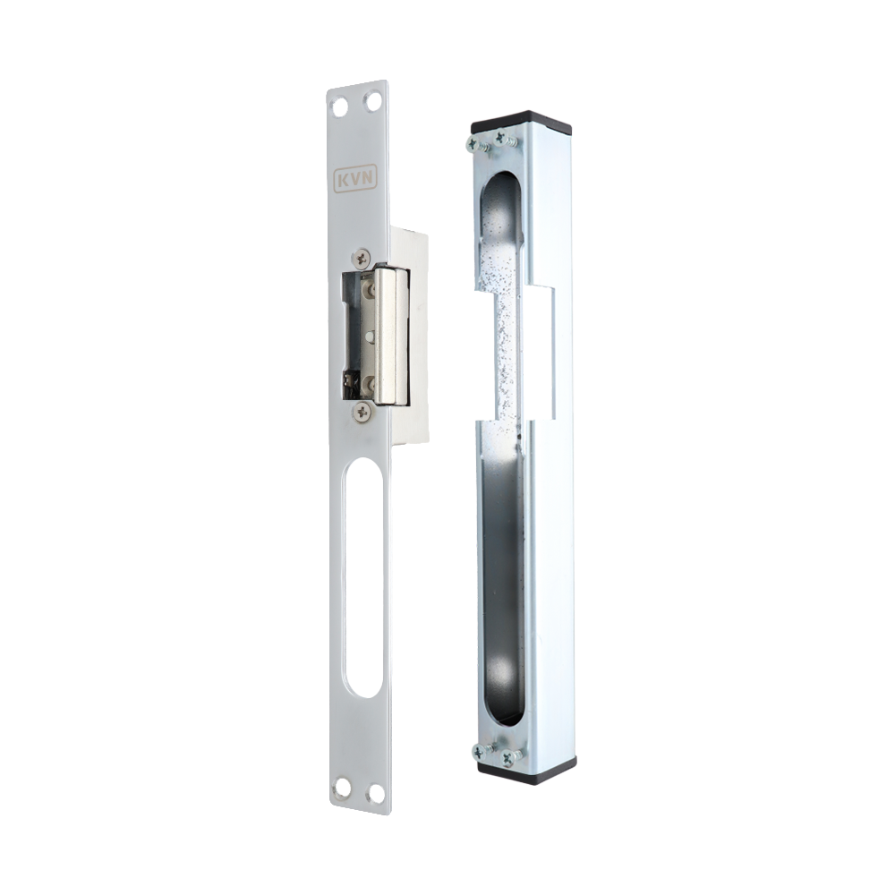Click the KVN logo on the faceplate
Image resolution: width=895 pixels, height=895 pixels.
355,179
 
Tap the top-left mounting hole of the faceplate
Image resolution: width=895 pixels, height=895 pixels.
339,107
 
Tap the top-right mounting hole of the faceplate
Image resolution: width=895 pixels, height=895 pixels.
373,102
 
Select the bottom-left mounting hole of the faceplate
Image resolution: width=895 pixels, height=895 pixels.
342,787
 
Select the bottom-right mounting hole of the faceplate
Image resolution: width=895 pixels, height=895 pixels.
376,793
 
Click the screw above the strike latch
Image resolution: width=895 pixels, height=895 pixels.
362,259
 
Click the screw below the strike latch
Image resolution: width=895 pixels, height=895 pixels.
362,410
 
